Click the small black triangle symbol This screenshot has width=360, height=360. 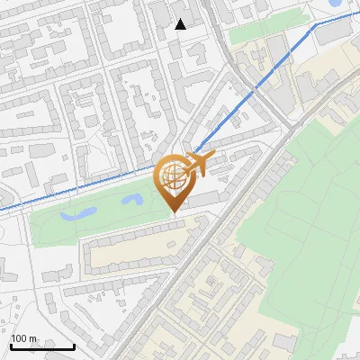click(181, 24)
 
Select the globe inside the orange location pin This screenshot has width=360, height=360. click(172, 177)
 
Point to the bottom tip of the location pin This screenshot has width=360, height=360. click(173, 212)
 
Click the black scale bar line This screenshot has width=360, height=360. click(42, 346)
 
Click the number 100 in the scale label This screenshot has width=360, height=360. click(19, 338)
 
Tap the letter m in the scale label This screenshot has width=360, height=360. click(32, 338)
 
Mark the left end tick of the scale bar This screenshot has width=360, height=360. click(11, 344)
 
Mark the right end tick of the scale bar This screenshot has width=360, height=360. click(74, 344)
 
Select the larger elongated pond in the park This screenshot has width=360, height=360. click(78, 214)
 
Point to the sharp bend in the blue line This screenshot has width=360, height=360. click(313, 28)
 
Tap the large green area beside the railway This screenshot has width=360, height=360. click(306, 198)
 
